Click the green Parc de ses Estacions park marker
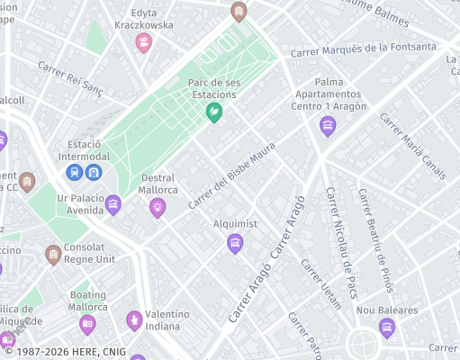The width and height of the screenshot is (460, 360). (215, 112)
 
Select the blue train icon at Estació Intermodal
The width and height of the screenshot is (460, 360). (75, 171)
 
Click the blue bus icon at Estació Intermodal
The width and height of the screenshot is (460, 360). (94, 171)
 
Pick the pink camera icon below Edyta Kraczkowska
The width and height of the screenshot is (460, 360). (143, 42)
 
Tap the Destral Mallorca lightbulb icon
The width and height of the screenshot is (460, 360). (158, 208)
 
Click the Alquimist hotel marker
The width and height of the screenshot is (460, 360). (235, 242)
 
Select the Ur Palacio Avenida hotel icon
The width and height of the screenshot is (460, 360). (113, 204)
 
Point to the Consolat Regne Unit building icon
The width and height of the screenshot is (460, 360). (53, 255)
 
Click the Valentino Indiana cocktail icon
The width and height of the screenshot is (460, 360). (134, 319)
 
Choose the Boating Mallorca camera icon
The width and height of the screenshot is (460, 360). (87, 323)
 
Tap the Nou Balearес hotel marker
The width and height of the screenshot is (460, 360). (388, 328)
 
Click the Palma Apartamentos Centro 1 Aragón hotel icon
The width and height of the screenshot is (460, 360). (328, 126)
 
